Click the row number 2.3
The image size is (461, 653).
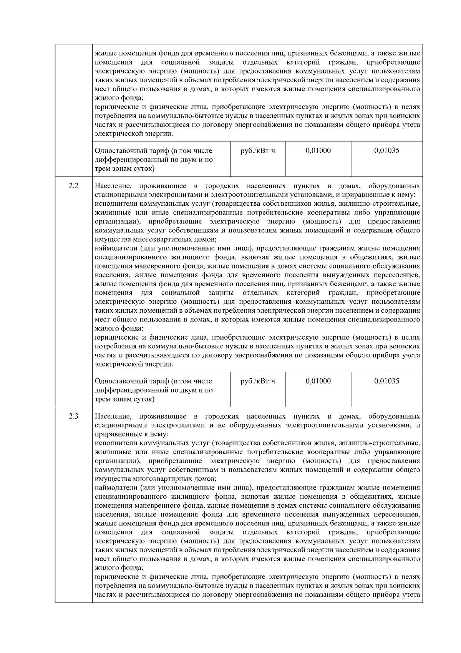pos(73,416)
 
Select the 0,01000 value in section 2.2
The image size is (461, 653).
pos(318,381)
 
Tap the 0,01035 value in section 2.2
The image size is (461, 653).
pos(386,381)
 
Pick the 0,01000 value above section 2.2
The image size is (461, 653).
pos(318,151)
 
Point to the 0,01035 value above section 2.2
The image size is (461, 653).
pos(386,151)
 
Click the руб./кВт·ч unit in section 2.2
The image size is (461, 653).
pos(257,381)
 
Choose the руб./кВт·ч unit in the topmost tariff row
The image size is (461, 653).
pos(257,151)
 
